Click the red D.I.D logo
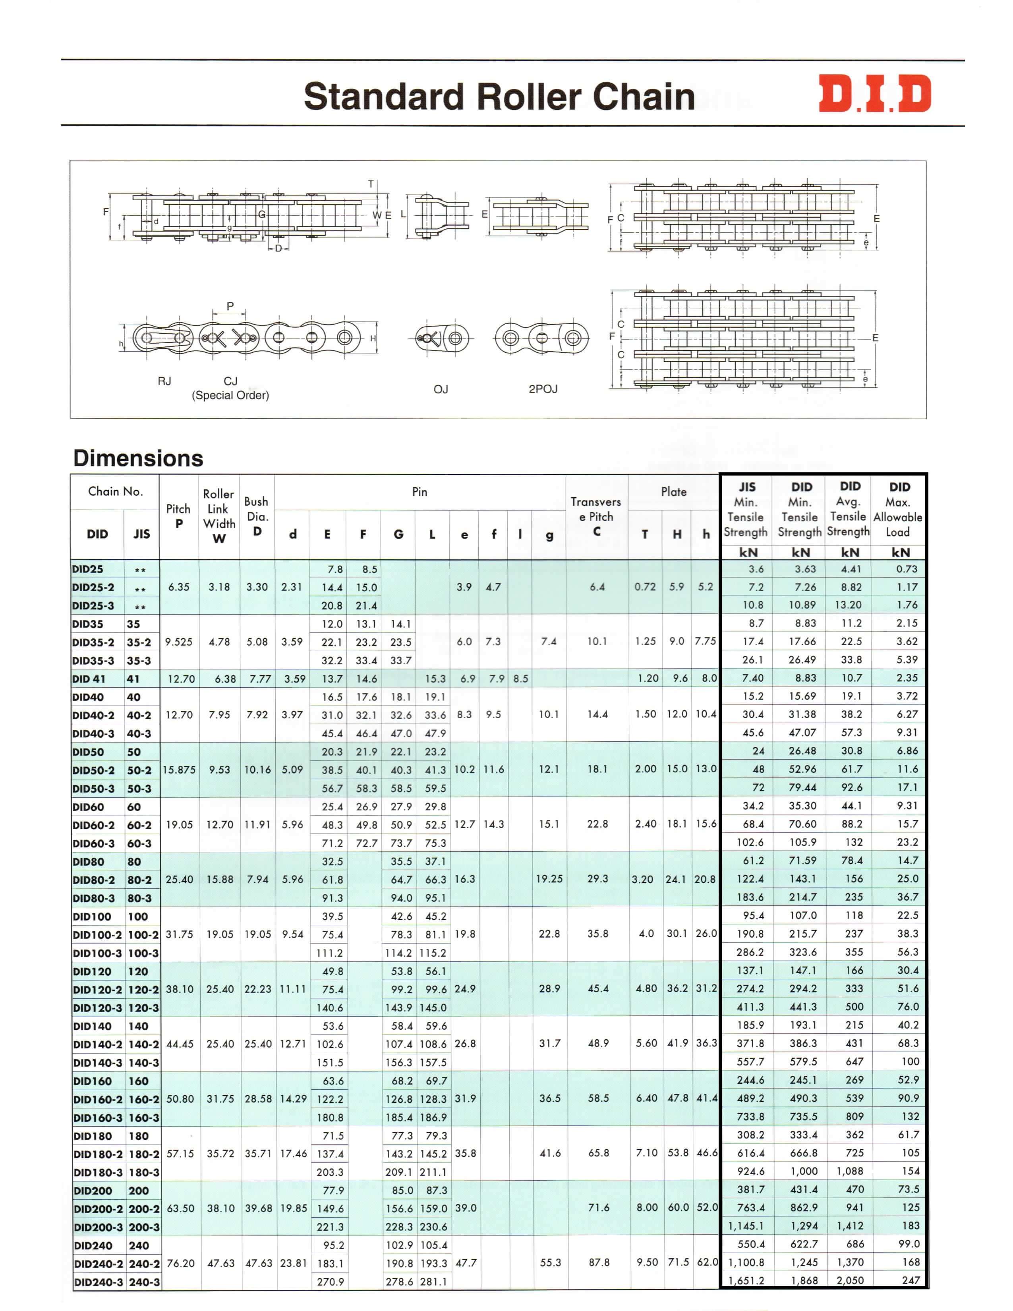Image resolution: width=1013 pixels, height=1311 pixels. click(874, 94)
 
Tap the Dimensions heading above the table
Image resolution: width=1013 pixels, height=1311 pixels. click(138, 458)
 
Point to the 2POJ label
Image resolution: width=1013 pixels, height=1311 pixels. click(543, 389)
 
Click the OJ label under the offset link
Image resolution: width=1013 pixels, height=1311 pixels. click(441, 390)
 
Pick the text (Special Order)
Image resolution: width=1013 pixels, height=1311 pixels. click(230, 396)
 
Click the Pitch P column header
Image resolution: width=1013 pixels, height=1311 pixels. click(178, 516)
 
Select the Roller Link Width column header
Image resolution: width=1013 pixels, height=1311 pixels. click(219, 516)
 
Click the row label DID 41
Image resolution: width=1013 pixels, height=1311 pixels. click(89, 679)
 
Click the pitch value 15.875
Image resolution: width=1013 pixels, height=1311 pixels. click(179, 770)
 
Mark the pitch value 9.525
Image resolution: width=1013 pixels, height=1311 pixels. click(179, 642)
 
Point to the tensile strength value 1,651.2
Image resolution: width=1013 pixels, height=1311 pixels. click(746, 1280)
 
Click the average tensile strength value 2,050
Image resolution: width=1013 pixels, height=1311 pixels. click(851, 1280)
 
